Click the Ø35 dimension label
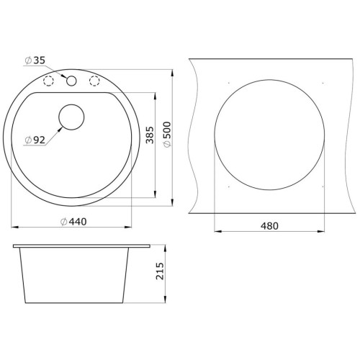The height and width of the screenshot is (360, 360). coord(35,60)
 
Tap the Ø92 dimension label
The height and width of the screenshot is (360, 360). coord(35,140)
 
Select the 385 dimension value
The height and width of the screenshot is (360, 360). coord(150,135)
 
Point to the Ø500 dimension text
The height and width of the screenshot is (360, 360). coord(167,135)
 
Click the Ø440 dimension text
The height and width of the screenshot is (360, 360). coord(73,222)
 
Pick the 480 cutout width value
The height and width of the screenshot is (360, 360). coord(269,226)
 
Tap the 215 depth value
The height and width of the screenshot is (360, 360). coord(160,271)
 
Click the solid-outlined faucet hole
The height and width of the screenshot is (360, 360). coord(71,81)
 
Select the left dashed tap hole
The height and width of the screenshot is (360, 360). coord(48,81)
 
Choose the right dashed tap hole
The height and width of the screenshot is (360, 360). coord(94,81)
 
